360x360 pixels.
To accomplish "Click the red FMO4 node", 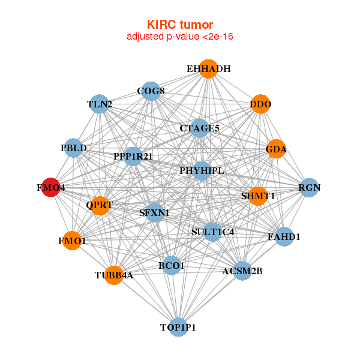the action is click(52, 187).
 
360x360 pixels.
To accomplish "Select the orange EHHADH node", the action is click(208, 69).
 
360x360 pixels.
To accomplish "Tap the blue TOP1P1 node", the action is click(178, 327).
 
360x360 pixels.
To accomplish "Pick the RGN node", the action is click(310, 187).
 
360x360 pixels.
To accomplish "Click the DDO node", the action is click(260, 104).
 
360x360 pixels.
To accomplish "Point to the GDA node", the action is click(276, 149).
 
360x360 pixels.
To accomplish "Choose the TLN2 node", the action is click(100, 104).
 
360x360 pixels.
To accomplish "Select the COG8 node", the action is click(151, 91).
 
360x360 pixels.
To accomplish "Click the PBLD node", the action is click(74, 148).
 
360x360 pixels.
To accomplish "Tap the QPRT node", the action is click(100, 205).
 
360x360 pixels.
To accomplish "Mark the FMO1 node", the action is click(72, 241).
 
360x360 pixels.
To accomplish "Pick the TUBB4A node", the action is click(113, 275).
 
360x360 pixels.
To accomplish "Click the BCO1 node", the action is click(172, 265).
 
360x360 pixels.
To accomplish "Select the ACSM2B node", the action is click(242, 271).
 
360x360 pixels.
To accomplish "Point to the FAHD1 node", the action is click(284, 237).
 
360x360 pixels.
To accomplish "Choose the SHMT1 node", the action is click(258, 196).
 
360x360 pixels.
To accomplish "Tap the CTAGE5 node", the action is click(200, 128).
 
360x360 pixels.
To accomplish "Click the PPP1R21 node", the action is click(133, 156).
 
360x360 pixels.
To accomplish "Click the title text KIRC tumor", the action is click(180, 25).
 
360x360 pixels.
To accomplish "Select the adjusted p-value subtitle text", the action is click(180, 37).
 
